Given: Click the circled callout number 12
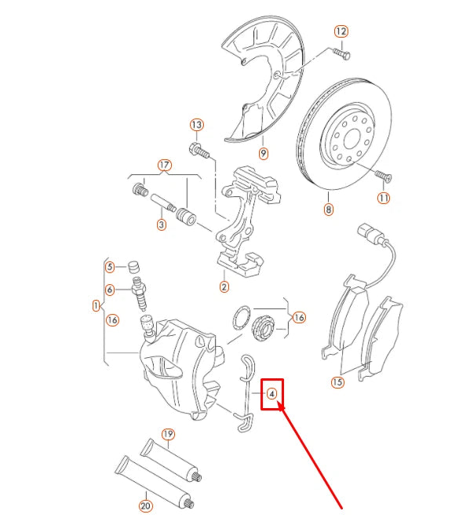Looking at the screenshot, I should (341, 31).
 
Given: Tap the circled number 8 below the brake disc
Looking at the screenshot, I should (328, 210).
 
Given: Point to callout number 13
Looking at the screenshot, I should (196, 125).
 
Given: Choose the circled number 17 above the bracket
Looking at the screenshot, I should (164, 166).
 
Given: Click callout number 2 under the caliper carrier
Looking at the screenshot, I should (224, 287).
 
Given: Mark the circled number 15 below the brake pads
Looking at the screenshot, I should (337, 383).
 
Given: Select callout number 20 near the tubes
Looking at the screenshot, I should (144, 506).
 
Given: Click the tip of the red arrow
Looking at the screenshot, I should (279, 405).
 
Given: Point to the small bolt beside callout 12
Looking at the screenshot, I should (342, 53).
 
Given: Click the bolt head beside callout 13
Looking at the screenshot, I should (196, 148).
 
